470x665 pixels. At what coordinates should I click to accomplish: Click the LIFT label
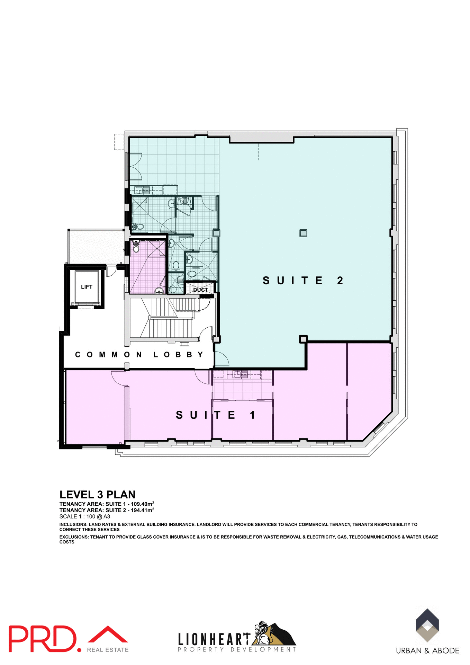tap(87, 287)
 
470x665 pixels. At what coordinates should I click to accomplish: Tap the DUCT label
tap(201, 290)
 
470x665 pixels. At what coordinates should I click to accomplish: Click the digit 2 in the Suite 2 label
tap(340, 281)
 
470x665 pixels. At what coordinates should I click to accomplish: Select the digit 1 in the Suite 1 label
tap(253, 415)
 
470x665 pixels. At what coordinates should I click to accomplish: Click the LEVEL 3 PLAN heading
tap(97, 494)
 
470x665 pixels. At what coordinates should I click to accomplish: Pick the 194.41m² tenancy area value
tap(142, 510)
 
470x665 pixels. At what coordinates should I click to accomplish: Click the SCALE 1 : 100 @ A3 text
tap(84, 516)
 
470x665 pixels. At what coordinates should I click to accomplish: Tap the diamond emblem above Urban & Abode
tap(427, 625)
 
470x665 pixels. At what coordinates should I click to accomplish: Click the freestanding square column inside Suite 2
tap(303, 233)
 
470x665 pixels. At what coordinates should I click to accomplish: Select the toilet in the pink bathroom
tap(136, 248)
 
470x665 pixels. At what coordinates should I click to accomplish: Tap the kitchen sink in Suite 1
tap(240, 374)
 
